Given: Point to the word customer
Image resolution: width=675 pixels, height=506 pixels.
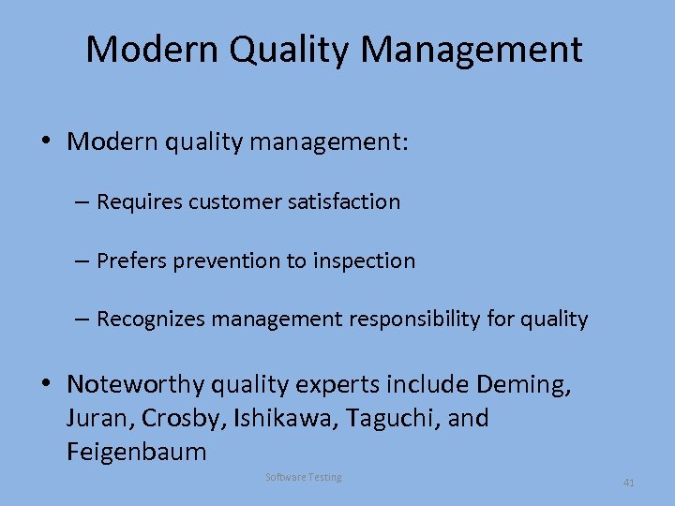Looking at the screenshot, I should (x=236, y=201).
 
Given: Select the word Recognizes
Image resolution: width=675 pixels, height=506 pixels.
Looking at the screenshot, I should (x=150, y=320).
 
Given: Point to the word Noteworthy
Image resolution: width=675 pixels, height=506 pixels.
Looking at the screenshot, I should (x=135, y=384).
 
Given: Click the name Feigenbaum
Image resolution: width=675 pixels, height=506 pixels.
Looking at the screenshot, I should (x=137, y=452).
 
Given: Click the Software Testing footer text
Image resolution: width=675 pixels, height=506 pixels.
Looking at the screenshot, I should (x=304, y=478).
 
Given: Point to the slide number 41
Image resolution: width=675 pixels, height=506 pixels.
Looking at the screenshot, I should (x=629, y=483).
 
